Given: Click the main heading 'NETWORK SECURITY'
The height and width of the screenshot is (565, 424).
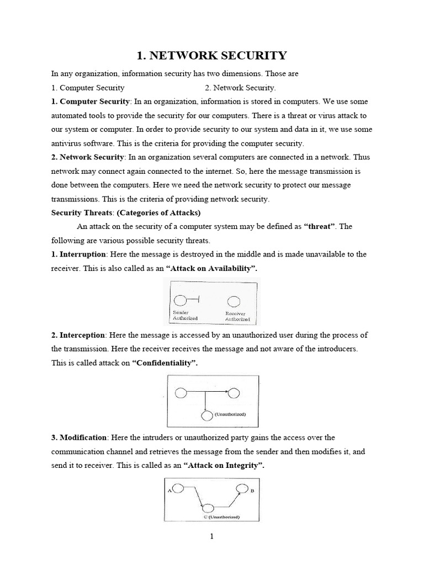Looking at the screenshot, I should coord(212,55).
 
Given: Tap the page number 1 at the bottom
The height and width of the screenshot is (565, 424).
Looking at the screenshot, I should coord(212,536).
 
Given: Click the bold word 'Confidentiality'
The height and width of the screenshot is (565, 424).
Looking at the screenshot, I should coord(164,363).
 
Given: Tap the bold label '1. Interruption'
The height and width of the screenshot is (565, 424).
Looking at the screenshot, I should coord(79,254).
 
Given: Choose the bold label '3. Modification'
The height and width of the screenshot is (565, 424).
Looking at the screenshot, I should coord(79,438).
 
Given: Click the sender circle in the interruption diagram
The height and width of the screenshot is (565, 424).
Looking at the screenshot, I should coord(180,301).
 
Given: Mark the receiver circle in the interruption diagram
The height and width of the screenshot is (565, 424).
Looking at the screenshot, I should coord(234,301).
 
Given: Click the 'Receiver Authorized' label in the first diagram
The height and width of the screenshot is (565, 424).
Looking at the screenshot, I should coord(237,317).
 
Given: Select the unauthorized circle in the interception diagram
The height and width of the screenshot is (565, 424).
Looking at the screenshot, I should coord(206,415).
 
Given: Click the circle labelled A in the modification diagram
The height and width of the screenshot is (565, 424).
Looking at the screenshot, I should coord(178,489).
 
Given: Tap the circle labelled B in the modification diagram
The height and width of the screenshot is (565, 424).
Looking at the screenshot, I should coord(241,488).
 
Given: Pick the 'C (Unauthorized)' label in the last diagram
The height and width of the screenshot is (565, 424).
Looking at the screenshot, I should coord(220,517).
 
